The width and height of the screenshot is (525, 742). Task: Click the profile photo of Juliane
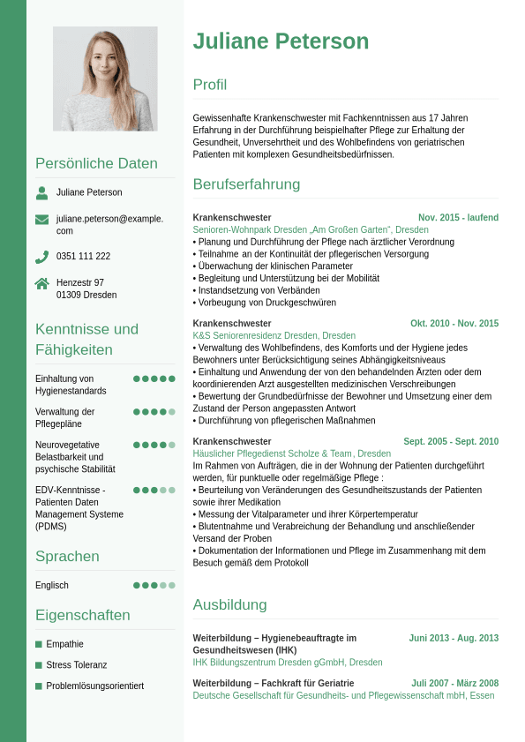pos(105,79)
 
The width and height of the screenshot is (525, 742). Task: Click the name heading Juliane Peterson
pos(281,41)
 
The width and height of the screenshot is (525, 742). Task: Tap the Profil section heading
pos(210,85)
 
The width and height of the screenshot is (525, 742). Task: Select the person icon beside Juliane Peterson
pos(42,192)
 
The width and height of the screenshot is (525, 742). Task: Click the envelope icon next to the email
pos(42,220)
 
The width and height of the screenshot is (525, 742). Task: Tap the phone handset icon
pos(42,257)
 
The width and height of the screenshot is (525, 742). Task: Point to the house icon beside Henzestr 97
pos(42,283)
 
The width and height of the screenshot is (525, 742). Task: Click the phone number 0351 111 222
pos(83,257)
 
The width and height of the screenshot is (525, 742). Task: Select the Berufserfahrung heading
pos(246,184)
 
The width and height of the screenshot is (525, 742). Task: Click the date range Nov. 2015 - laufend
pos(458,218)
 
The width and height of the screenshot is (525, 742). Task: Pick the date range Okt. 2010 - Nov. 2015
pos(454,324)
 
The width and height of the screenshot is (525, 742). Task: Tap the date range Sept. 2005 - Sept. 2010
pos(451,442)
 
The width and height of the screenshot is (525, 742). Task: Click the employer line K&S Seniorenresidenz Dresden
pos(274,336)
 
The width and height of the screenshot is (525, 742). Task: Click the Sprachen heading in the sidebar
pos(67,557)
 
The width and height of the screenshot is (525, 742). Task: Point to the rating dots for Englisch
pos(154,585)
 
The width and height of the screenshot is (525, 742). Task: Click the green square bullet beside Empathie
pos(39,644)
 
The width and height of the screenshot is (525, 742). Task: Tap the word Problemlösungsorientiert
pos(94,686)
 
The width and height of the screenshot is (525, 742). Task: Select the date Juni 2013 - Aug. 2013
pos(454,638)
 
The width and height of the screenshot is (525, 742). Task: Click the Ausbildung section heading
pos(229,605)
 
